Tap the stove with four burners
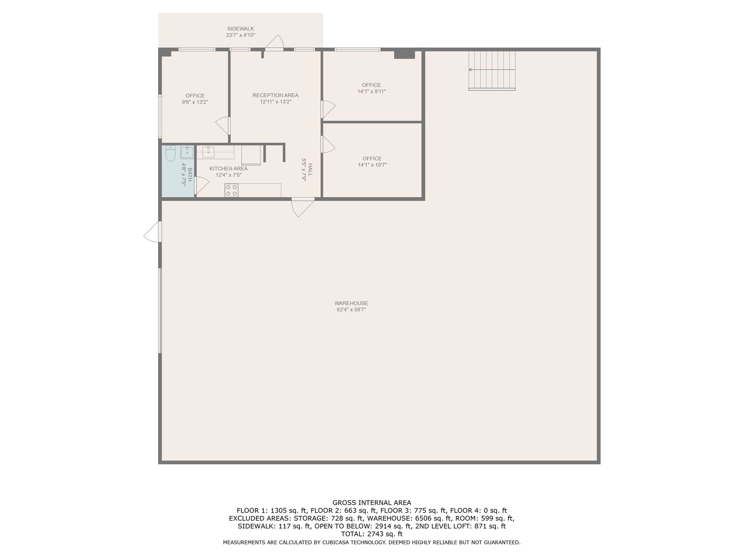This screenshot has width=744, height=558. [x=231, y=190]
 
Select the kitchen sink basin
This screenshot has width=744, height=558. [x=208, y=152]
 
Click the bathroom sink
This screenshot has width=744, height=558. [x=187, y=152]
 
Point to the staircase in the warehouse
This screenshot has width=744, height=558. [x=492, y=71]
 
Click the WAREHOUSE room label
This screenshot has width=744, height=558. [x=351, y=303]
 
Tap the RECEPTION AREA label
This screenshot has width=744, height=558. [x=275, y=95]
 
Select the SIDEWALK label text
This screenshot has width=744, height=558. [x=241, y=29]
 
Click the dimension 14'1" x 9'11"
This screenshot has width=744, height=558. [x=371, y=92]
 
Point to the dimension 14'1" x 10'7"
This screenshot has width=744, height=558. [x=372, y=165]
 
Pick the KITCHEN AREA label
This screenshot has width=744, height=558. [x=228, y=169]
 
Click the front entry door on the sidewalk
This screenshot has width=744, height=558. [x=275, y=42]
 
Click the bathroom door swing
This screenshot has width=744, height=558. [x=202, y=186]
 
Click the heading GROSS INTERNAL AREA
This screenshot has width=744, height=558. [x=372, y=503]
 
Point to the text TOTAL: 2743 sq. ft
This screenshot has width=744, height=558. [x=372, y=534]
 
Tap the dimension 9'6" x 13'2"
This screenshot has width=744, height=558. [x=195, y=102]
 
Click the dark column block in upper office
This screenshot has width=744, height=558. [x=404, y=55]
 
